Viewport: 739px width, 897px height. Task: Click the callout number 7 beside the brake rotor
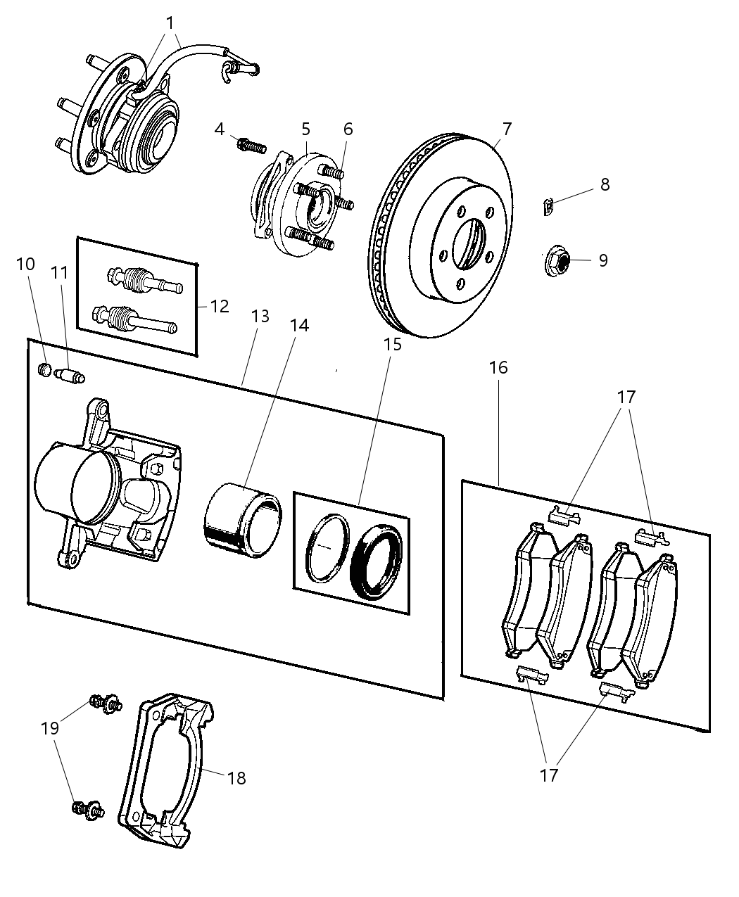(507, 129)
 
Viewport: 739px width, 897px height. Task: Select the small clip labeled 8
(549, 207)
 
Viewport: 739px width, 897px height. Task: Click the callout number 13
(260, 317)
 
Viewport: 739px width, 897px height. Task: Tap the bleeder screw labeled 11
(70, 376)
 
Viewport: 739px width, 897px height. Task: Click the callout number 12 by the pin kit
(220, 306)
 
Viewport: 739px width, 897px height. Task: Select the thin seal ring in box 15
(327, 548)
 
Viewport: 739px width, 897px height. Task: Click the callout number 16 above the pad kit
(498, 367)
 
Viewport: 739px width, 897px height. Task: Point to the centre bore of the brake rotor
(468, 243)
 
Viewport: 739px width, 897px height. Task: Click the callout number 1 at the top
(170, 23)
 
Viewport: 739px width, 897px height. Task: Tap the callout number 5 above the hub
(305, 129)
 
